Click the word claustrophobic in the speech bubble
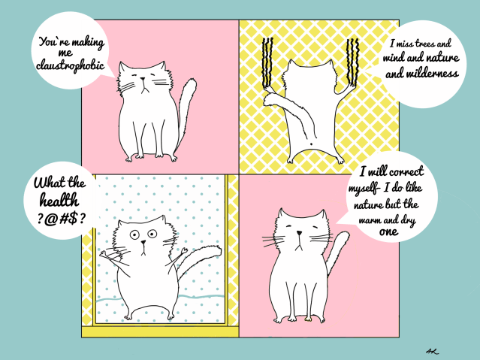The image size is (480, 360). point(70,65)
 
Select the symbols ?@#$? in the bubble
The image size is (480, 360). point(62,219)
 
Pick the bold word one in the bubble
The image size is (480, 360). point(388,232)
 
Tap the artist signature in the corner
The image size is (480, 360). point(432,351)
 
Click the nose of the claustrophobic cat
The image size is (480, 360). point(143,80)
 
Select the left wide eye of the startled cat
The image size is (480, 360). point(134,235)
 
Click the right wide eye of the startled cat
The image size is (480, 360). point(152,234)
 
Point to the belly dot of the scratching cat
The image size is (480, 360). point(311,144)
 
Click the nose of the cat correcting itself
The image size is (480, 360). point(299,233)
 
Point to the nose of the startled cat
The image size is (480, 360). point(143,243)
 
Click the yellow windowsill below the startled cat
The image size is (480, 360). point(160,331)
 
